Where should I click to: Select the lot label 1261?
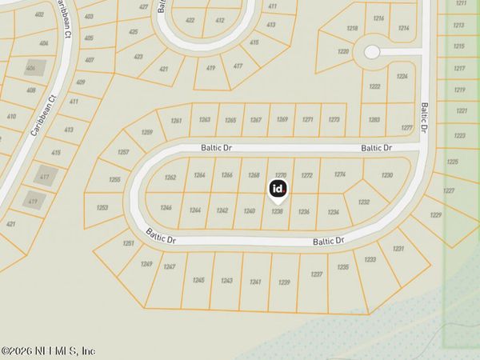pyautogui.click(x=177, y=121)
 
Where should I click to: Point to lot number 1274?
pyautogui.click(x=340, y=174)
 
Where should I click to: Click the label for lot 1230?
pyautogui.click(x=387, y=174)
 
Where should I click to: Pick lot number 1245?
pyautogui.click(x=199, y=280)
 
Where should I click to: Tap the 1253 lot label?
pyautogui.click(x=102, y=207)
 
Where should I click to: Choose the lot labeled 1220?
pyautogui.click(x=343, y=51)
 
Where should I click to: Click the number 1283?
pyautogui.click(x=374, y=119)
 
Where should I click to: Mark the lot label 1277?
pyautogui.click(x=406, y=127)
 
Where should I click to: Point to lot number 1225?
pyautogui.click(x=453, y=162)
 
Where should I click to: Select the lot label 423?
pyautogui.click(x=138, y=57)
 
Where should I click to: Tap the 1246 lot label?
pyautogui.click(x=166, y=207)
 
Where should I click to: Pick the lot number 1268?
pyautogui.click(x=254, y=174)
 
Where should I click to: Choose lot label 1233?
pyautogui.click(x=370, y=260)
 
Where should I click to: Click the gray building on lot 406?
pyautogui.click(x=33, y=70)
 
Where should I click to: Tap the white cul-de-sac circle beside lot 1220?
pyautogui.click(x=372, y=51)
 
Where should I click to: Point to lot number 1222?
pyautogui.click(x=374, y=86)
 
